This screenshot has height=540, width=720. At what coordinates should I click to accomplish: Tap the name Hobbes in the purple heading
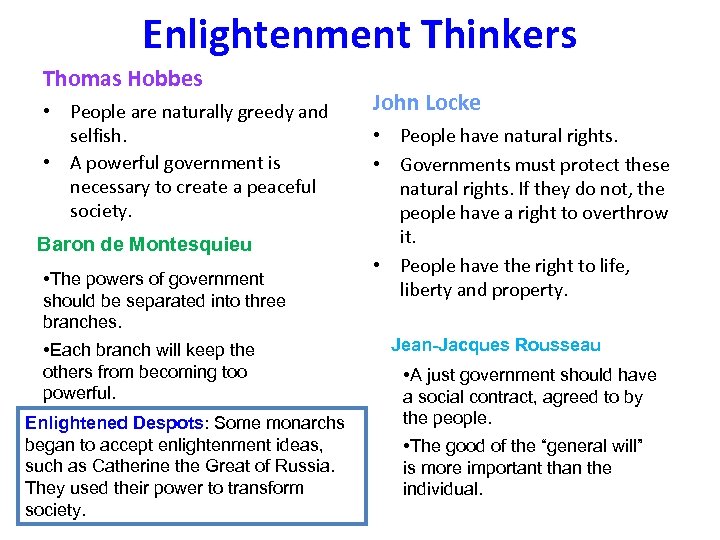click(170, 78)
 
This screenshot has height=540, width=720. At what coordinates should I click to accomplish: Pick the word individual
click(442, 490)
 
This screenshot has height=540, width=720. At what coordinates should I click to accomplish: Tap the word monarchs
click(303, 423)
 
